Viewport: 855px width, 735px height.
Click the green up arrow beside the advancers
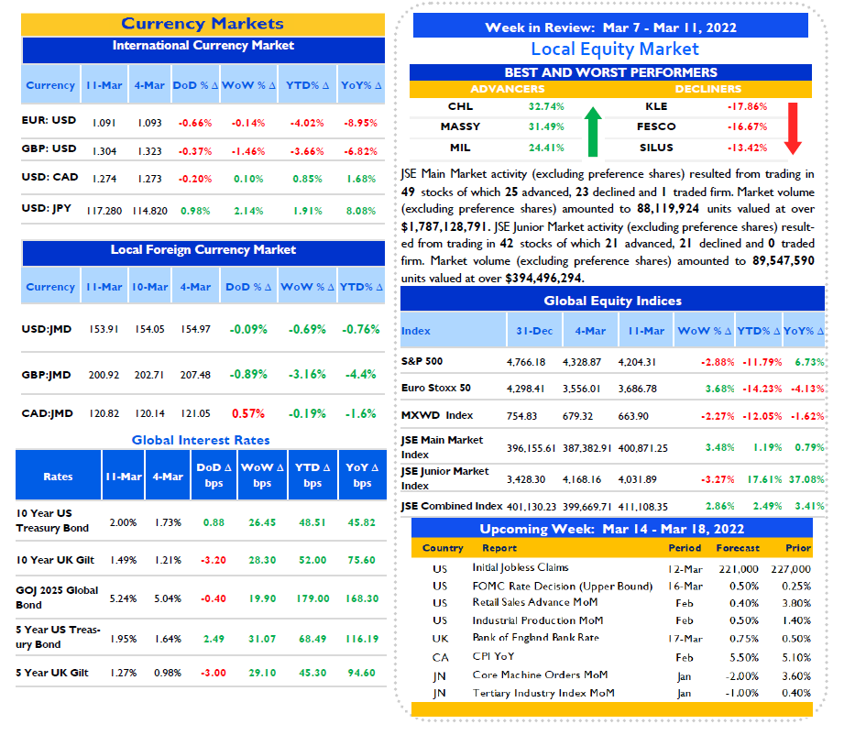[593, 131]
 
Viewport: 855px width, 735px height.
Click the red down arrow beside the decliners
[793, 128]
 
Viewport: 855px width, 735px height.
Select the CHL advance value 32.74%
[546, 106]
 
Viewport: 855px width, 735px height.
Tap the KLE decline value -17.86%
[747, 106]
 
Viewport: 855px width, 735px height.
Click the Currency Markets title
[203, 24]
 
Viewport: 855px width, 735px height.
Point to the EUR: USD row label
[49, 120]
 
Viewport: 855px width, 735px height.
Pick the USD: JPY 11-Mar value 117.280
[104, 211]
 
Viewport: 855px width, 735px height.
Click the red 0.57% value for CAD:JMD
[248, 413]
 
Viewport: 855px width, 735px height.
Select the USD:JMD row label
[47, 329]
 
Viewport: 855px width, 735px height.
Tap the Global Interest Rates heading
[201, 440]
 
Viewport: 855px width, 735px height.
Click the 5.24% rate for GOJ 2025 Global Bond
[123, 598]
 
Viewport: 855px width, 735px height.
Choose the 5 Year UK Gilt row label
[52, 673]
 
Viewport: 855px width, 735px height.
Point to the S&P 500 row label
[422, 361]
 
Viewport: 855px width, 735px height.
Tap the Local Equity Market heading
[615, 49]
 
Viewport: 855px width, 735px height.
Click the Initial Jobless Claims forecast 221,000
[739, 569]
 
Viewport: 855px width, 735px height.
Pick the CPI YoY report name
[493, 656]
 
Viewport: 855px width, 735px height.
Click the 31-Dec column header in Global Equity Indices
[534, 331]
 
